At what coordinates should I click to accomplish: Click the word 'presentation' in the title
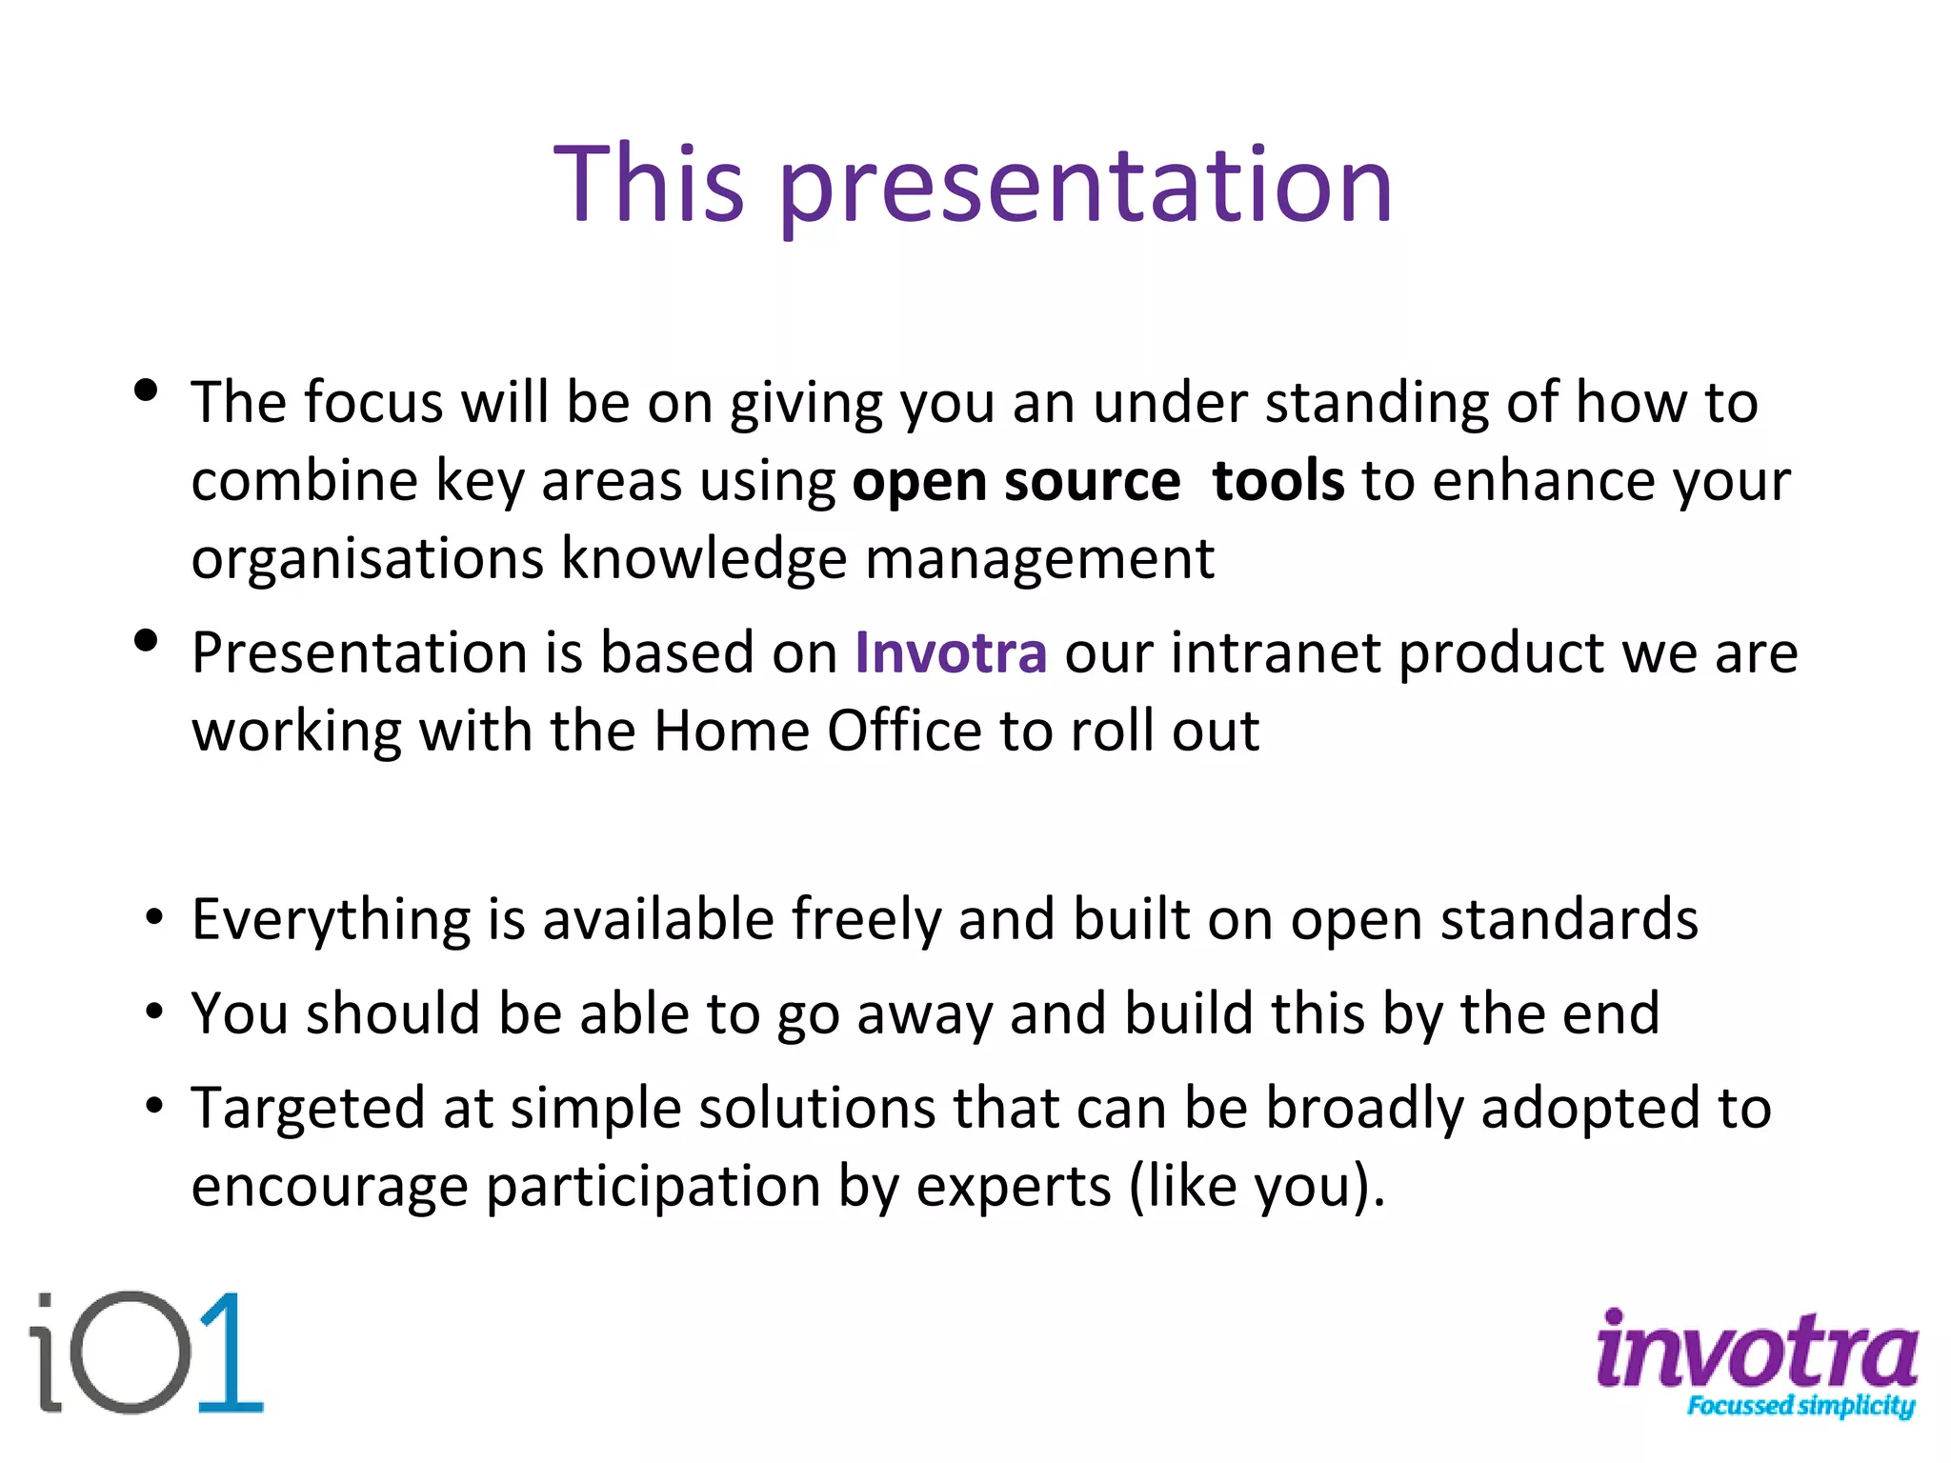(x=1086, y=188)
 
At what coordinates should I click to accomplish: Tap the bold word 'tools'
(x=1278, y=480)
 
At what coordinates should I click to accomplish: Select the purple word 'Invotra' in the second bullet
(x=951, y=653)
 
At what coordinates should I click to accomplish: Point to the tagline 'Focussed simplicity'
(x=1800, y=1406)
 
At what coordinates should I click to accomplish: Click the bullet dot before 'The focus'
(x=146, y=391)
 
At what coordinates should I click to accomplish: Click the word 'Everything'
(x=331, y=921)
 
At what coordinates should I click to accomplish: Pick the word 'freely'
(x=865, y=920)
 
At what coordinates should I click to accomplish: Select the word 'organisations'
(x=367, y=558)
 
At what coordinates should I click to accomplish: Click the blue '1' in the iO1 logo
(x=229, y=1353)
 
